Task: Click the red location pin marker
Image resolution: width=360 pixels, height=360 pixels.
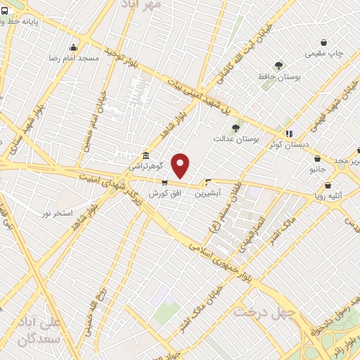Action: tap(181, 165)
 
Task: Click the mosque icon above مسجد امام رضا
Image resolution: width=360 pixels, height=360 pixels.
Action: tap(73, 48)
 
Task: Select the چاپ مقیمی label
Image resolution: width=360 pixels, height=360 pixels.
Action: tap(323, 53)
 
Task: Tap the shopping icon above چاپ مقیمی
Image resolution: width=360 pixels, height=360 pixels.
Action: tap(323, 42)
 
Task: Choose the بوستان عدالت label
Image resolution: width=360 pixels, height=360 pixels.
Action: tap(237, 139)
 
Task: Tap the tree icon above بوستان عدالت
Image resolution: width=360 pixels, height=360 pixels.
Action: tap(236, 127)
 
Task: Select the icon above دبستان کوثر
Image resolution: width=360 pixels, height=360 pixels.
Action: tap(288, 133)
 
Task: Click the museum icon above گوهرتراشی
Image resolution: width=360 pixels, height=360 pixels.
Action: tap(146, 155)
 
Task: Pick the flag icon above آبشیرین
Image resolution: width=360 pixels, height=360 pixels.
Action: tap(208, 181)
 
